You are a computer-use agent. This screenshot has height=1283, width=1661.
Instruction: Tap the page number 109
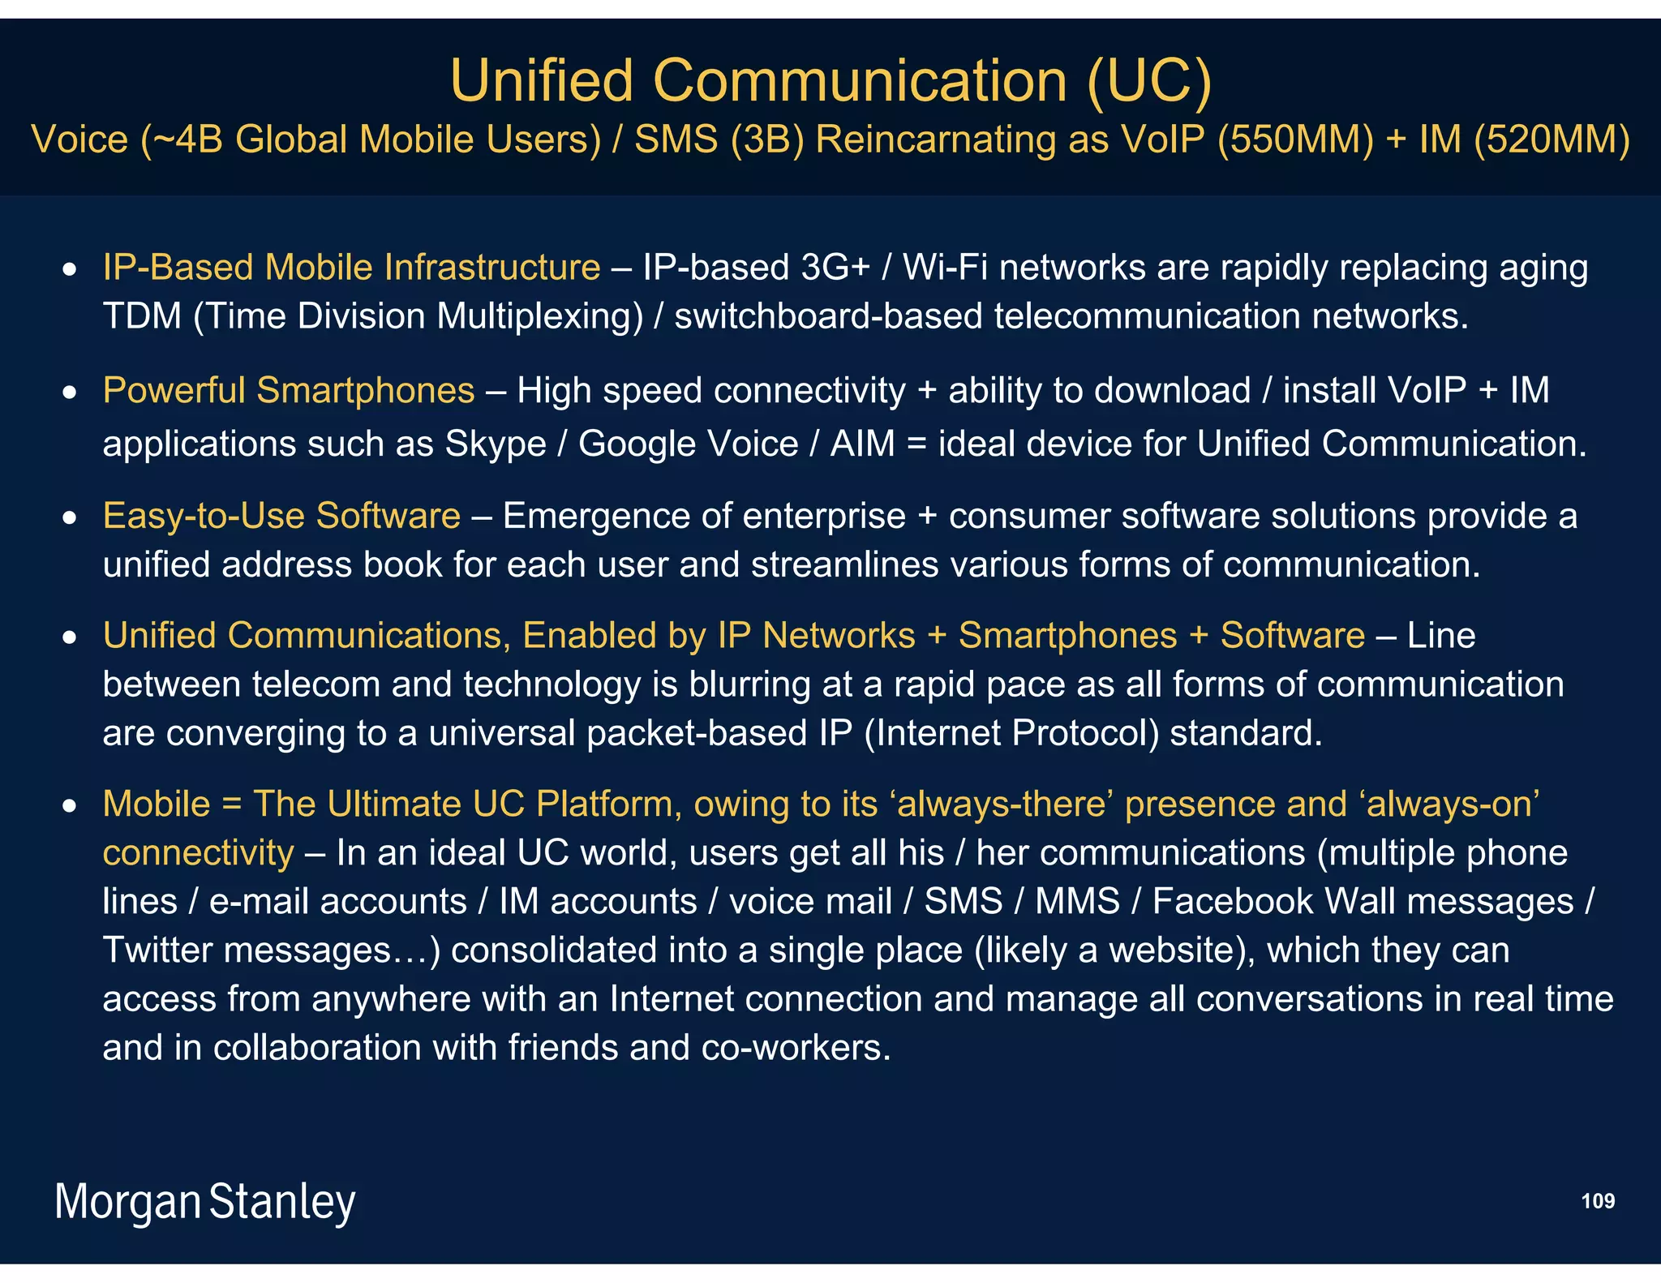1598,1201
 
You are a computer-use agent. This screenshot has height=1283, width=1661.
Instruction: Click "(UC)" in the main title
1148,81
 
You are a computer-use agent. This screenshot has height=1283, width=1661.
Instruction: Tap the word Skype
495,444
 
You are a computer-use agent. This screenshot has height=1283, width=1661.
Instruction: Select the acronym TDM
142,316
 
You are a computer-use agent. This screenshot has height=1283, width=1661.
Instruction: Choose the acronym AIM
862,444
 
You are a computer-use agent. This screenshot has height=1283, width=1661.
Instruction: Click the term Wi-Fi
945,268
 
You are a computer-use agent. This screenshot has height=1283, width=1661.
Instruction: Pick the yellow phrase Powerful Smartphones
289,391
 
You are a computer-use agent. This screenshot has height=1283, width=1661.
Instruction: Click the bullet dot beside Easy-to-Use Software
71,517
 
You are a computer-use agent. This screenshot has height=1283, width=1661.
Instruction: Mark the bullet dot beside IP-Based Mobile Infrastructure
71,269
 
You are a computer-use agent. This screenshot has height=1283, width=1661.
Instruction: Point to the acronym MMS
1077,902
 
